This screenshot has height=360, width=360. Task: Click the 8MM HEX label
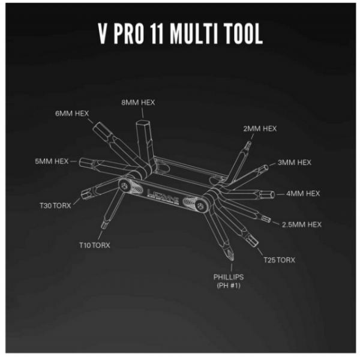coord(138,103)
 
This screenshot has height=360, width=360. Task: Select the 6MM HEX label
coord(72,113)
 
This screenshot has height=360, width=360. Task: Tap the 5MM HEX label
coord(52,161)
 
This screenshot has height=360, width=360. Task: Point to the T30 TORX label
coord(55,205)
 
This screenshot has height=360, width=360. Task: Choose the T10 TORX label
coord(95,245)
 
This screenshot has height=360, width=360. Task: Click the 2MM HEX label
coord(260,128)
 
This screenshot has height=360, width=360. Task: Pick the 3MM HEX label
coord(295,163)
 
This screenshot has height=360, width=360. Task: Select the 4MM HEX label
coord(303,194)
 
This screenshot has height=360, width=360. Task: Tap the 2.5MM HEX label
coord(302,224)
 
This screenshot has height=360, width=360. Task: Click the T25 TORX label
coord(279,260)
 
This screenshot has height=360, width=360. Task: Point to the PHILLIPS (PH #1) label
coord(229,281)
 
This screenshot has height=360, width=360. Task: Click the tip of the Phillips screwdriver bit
coord(232,260)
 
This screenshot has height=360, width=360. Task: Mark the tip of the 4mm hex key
coord(274,194)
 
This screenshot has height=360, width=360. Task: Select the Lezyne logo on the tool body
coord(163,195)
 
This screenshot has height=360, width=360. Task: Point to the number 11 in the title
coord(157,34)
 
